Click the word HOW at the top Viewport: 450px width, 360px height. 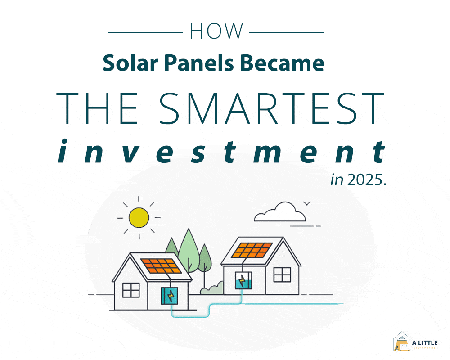pyautogui.click(x=216, y=32)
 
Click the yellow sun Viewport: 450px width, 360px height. pyautogui.click(x=139, y=217)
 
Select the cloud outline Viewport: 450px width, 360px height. pyautogui.click(x=280, y=212)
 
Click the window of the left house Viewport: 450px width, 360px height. pyautogui.click(x=131, y=290)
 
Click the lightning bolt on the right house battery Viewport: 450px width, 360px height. pyautogui.click(x=243, y=278)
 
